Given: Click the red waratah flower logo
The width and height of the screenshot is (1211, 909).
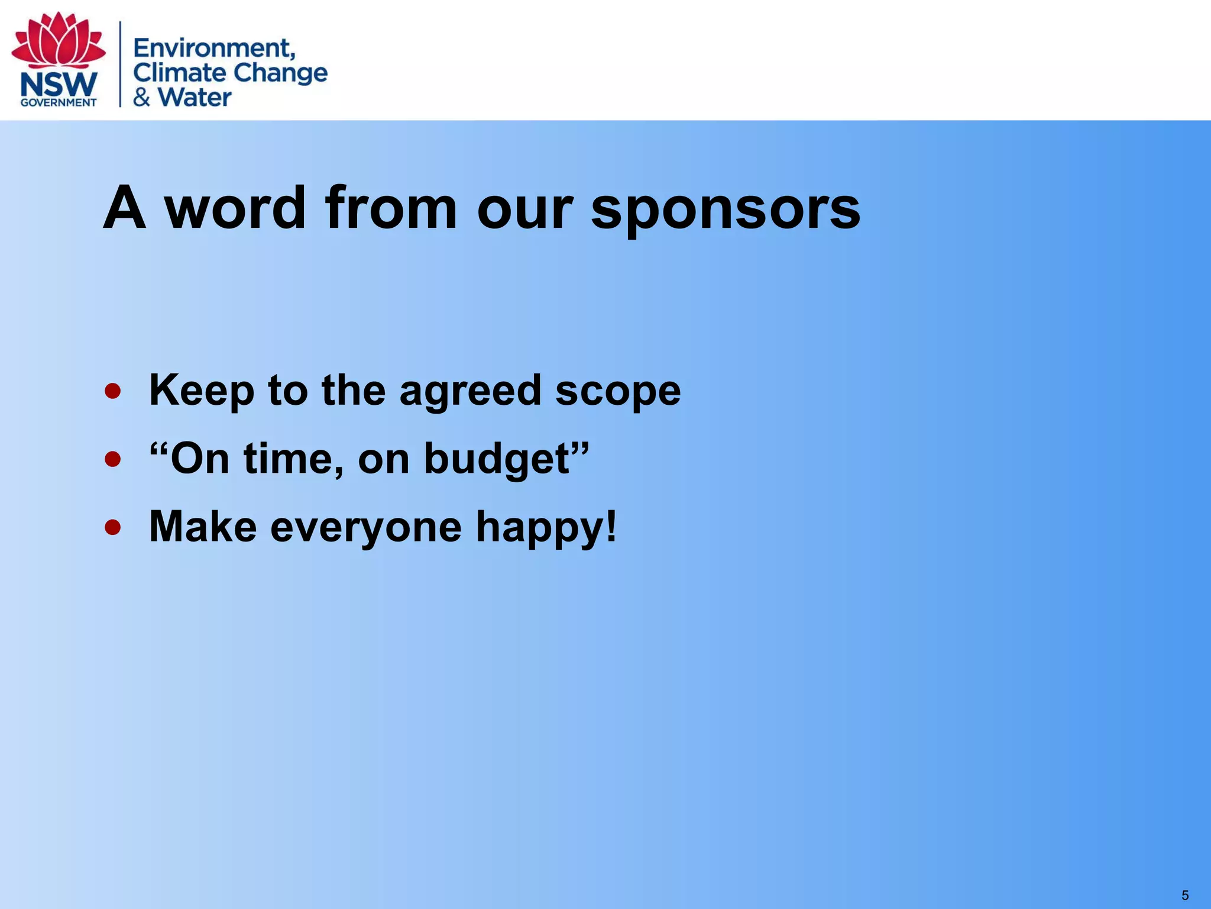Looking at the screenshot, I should point(59,40).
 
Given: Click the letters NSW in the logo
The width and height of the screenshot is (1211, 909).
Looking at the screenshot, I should point(59,85).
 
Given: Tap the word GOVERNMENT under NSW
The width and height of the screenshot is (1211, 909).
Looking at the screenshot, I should point(59,102).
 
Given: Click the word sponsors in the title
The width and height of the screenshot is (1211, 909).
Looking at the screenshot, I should point(726,209).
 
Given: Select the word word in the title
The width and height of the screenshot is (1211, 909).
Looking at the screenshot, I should point(235,208).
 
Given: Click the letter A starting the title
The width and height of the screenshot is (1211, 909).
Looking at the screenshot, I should point(124,208).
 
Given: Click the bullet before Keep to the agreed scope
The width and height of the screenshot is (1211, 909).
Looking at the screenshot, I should point(113,391).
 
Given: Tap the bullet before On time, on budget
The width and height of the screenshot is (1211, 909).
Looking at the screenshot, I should point(113,459).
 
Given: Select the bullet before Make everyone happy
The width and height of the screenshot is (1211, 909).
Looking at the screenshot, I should point(113,527).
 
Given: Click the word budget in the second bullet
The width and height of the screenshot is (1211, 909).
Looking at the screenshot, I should point(497,460).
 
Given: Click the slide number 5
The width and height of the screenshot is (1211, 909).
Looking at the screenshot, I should point(1185,895).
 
